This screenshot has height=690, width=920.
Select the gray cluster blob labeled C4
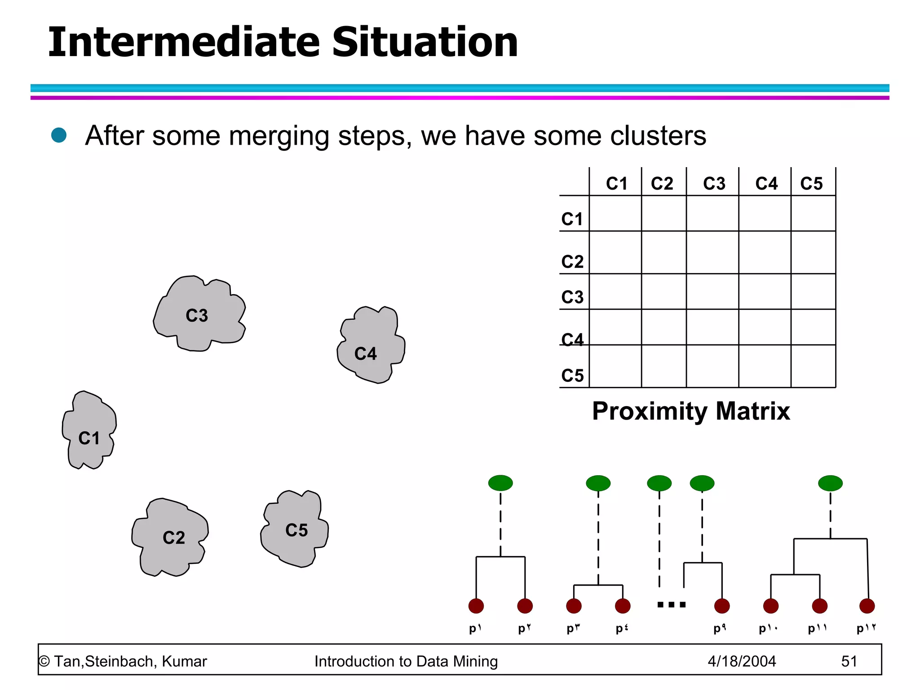click(x=371, y=346)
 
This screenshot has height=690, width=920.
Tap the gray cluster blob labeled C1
click(x=89, y=431)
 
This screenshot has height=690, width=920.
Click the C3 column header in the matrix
click(x=714, y=183)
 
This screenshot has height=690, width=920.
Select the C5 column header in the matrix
click(x=811, y=183)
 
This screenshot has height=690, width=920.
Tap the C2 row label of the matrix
click(x=572, y=261)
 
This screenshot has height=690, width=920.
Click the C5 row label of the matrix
click(x=572, y=375)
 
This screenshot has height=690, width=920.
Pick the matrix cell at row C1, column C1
click(x=615, y=213)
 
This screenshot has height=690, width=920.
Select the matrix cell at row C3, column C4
click(x=765, y=291)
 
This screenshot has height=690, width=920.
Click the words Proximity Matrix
click(x=691, y=411)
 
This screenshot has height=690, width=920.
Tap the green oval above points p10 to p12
click(x=830, y=483)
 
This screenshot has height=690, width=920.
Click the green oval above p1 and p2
click(x=500, y=483)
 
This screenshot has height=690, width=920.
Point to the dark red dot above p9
click(x=721, y=606)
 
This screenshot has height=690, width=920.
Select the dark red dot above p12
click(x=867, y=606)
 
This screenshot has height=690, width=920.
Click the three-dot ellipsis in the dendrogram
click(x=672, y=605)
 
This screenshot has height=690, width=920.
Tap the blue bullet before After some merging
click(x=59, y=135)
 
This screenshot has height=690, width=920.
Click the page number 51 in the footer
click(x=849, y=661)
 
